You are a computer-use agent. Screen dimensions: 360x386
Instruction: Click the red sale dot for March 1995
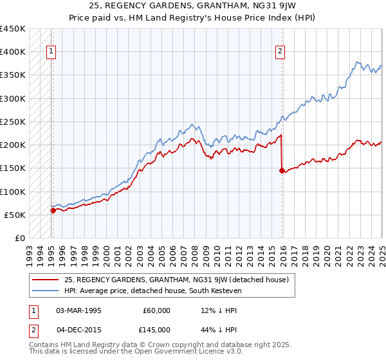pyautogui.click(x=53, y=210)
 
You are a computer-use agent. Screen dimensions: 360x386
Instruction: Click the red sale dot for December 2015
pyautogui.click(x=282, y=170)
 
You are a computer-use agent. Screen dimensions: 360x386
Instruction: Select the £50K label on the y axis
pyautogui.click(x=15, y=215)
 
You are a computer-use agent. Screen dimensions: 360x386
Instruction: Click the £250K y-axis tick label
pyautogui.click(x=12, y=122)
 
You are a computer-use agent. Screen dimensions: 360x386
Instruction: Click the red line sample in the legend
pyautogui.click(x=46, y=280)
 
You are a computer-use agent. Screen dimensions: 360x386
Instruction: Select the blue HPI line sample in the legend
pyautogui.click(x=46, y=291)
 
